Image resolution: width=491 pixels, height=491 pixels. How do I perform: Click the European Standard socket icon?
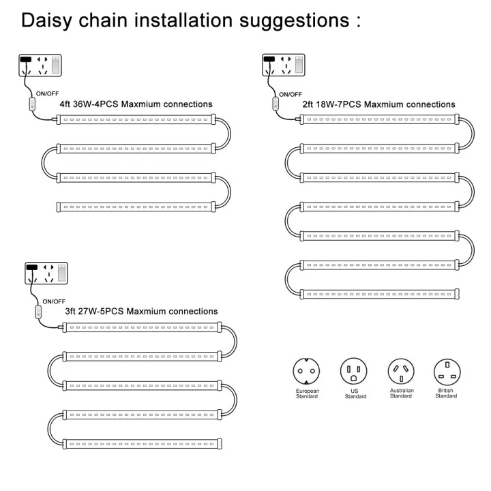coord(306,372)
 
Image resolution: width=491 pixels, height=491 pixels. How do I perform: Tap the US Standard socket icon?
coord(354,372)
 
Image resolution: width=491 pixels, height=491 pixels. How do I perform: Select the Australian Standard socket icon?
coord(400,372)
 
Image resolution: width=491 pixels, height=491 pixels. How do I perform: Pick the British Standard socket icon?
coord(447,372)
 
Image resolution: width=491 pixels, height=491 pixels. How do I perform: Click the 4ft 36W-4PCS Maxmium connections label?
coord(136,104)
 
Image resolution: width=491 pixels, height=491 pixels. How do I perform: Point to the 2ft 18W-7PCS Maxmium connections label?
coord(379,104)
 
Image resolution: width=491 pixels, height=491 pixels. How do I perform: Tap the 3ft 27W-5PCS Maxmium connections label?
coord(141,311)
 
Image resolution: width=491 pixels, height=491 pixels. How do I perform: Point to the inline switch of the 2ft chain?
coord(277,104)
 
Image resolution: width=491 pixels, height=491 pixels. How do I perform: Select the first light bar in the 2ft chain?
coord(378,119)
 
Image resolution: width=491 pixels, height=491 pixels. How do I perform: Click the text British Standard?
coord(447,393)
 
